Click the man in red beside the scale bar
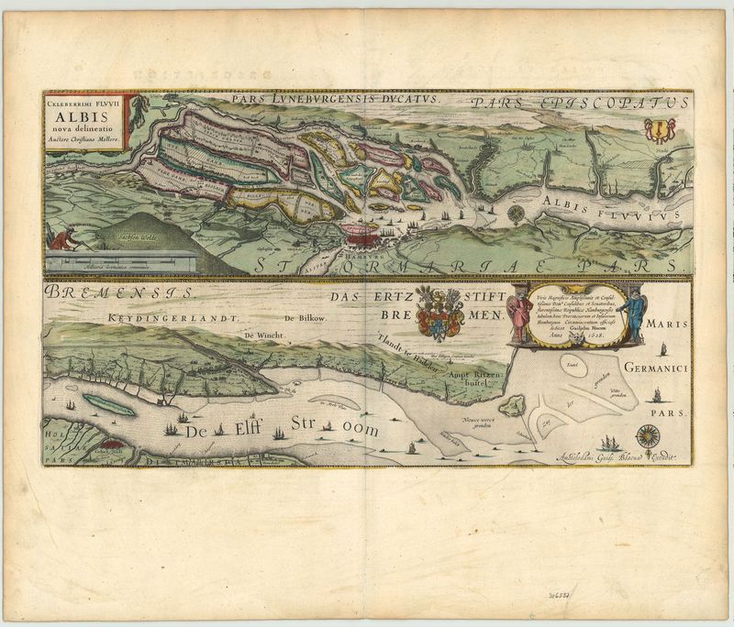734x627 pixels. [x=62, y=241]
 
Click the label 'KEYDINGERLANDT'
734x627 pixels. [x=171, y=317]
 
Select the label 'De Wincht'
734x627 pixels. [x=261, y=336]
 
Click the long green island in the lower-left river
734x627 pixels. [x=107, y=403]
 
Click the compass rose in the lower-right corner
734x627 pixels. [x=649, y=434]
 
